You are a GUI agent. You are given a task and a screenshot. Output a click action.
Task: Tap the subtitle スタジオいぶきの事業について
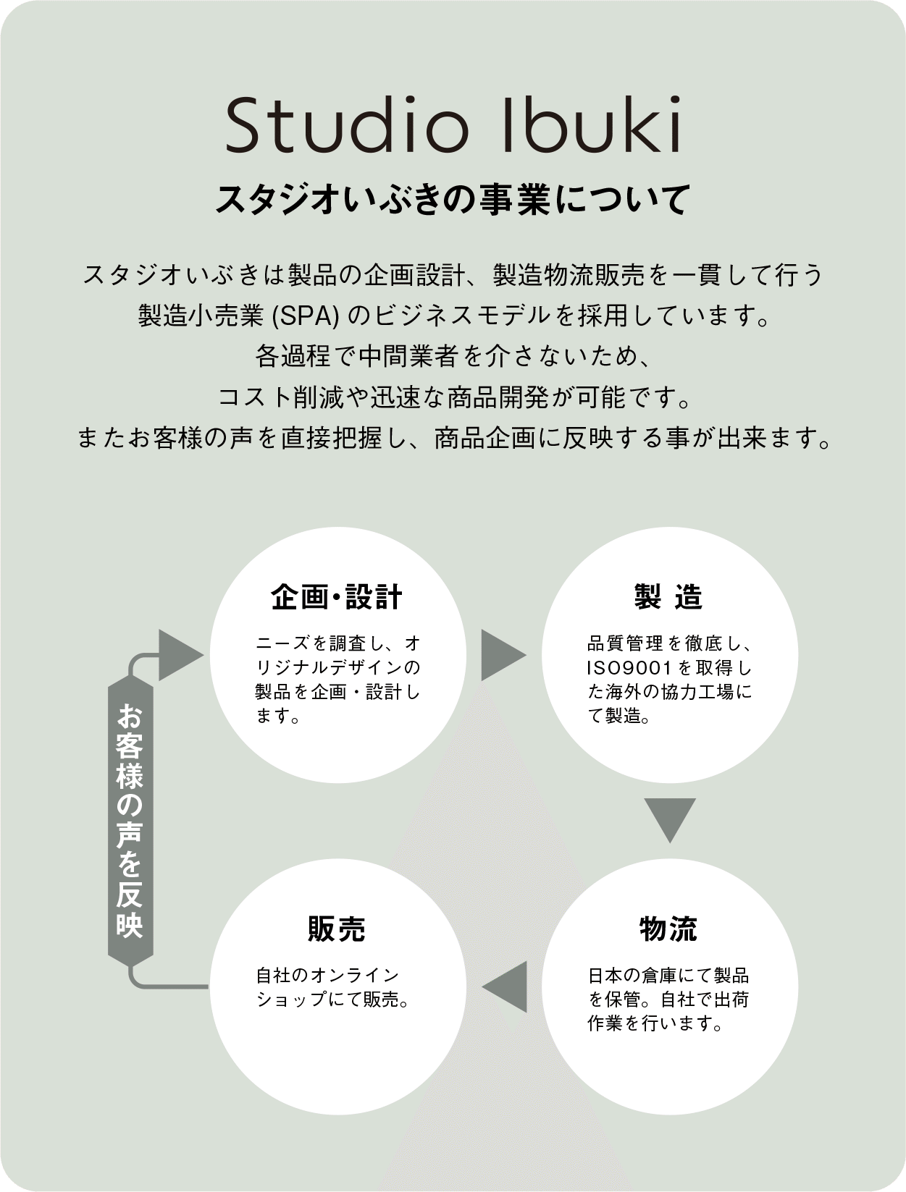tap(453, 200)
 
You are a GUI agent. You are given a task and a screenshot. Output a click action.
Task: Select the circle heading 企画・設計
tap(337, 598)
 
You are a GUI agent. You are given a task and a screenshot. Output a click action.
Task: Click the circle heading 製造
tap(668, 598)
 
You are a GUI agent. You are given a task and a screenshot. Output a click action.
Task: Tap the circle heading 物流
tap(668, 929)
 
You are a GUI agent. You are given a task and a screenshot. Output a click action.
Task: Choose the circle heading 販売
tap(337, 929)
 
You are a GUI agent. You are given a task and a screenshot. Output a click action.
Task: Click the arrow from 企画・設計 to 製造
tap(503, 655)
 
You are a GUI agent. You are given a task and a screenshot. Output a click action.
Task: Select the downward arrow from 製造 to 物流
tap(669, 818)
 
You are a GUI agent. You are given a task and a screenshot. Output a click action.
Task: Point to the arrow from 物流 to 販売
tap(506, 986)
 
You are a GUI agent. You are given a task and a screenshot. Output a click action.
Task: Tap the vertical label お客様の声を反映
tap(130, 821)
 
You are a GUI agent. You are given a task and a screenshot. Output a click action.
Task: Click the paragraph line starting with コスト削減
tap(453, 397)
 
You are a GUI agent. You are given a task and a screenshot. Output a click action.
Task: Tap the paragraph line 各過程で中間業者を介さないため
tap(453, 356)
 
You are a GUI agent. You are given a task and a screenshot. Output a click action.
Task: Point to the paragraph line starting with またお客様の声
tap(453, 439)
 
